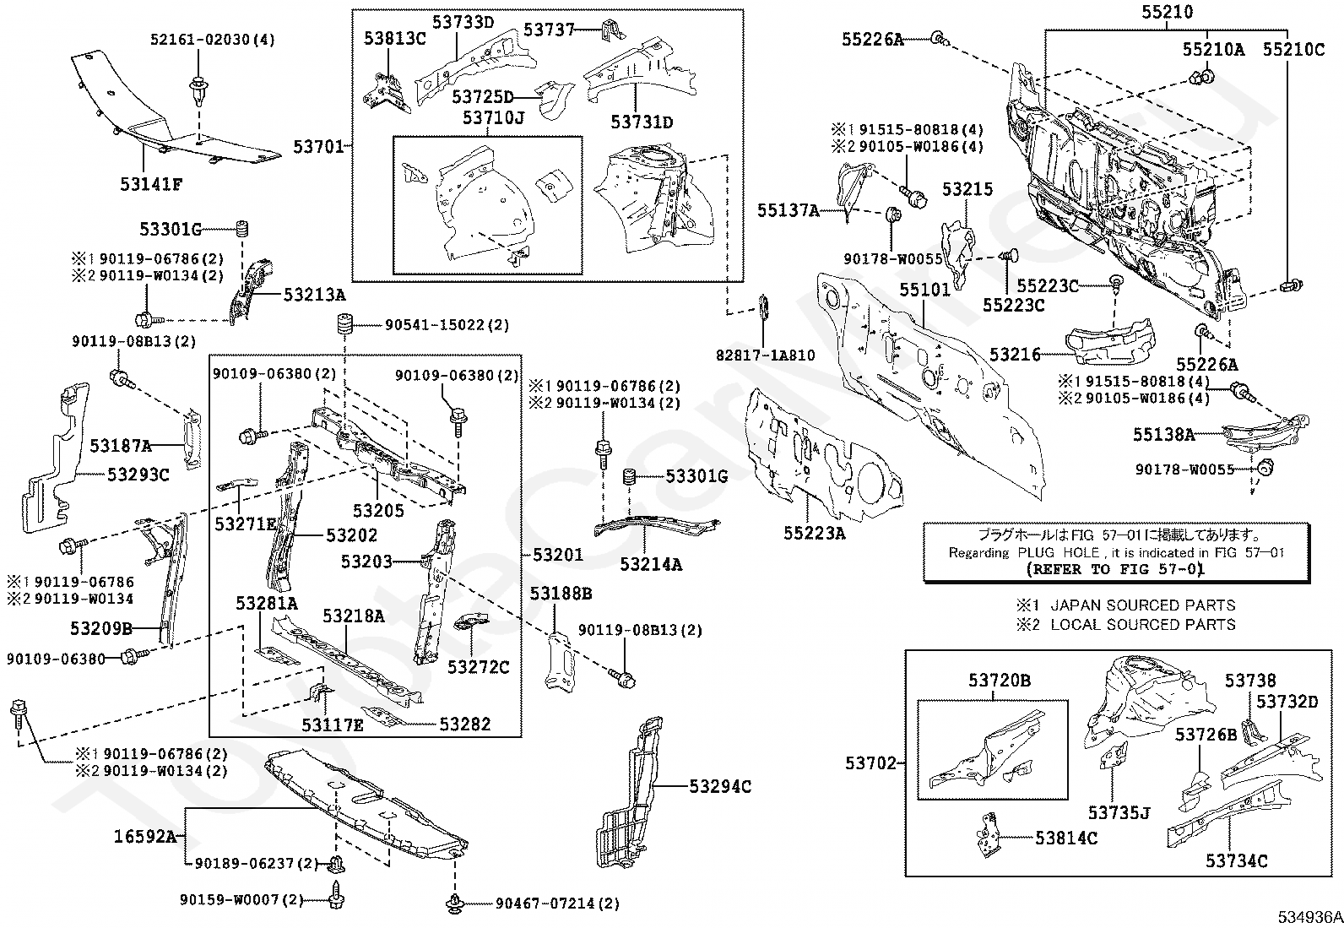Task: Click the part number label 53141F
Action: click(x=150, y=183)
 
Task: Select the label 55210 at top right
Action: click(x=1168, y=12)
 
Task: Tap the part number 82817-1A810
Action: click(x=773, y=355)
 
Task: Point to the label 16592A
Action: click(x=145, y=837)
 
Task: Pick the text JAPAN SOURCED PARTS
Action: click(x=1142, y=605)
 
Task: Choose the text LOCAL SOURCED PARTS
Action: click(x=1142, y=625)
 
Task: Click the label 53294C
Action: click(x=720, y=786)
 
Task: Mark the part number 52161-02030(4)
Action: click(x=201, y=40)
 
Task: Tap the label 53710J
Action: click(x=493, y=117)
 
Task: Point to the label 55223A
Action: click(x=814, y=533)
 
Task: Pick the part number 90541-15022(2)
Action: click(x=447, y=325)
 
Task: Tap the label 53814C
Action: click(x=1066, y=838)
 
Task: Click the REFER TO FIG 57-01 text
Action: click(x=1114, y=569)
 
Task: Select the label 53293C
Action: click(x=138, y=475)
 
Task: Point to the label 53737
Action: click(x=549, y=30)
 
